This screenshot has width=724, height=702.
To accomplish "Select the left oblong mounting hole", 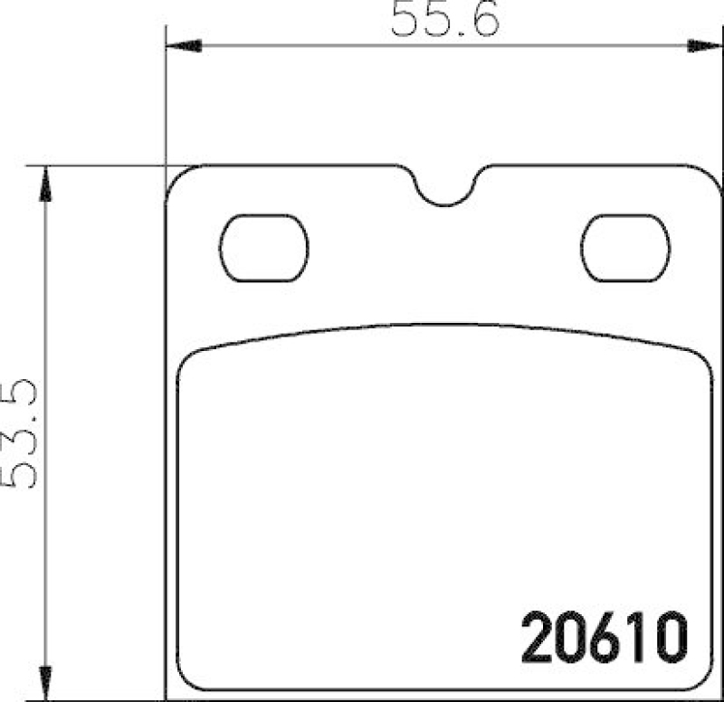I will point(265,249).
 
